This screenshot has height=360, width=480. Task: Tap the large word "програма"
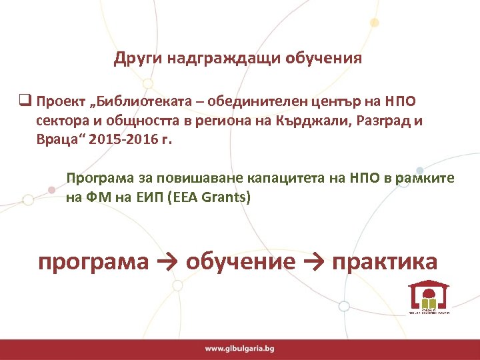pos(93,261)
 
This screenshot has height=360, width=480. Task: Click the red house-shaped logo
pos(428,295)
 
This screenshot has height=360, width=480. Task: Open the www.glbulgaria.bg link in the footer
pos(239,348)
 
